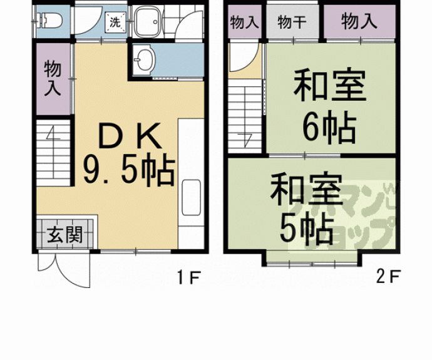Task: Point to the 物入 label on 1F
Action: click(53, 78)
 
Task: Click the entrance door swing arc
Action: click(50, 267)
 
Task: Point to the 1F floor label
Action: click(187, 276)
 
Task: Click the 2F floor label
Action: click(388, 276)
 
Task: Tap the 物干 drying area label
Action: click(292, 23)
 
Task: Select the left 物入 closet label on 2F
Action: click(244, 23)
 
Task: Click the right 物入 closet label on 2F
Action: click(359, 23)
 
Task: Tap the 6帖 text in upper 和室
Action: click(330, 128)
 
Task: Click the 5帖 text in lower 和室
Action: click(306, 230)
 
